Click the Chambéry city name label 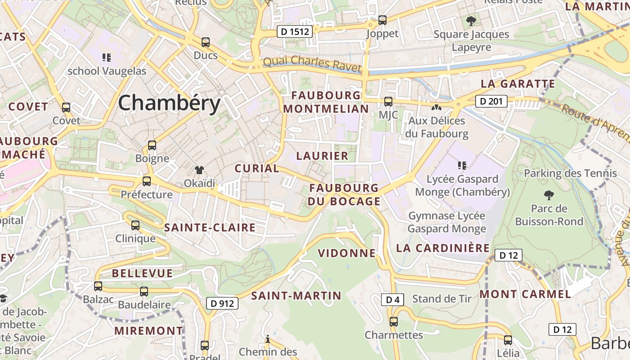click(x=169, y=103)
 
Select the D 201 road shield click(x=491, y=101)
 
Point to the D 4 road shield click(x=392, y=300)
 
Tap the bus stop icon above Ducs click(x=206, y=42)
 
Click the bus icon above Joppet click(x=382, y=20)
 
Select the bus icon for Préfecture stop click(x=147, y=181)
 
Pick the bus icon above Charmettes click(x=394, y=321)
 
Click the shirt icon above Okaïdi click(x=199, y=170)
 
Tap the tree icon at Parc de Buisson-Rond click(x=549, y=195)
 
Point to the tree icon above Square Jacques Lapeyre click(x=471, y=21)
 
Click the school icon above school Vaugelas click(x=107, y=57)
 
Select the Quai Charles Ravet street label click(x=312, y=64)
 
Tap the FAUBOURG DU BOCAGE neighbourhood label click(x=344, y=194)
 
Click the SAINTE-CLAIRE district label click(x=210, y=228)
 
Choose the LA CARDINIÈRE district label click(x=443, y=248)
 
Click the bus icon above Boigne click(x=152, y=145)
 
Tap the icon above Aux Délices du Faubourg click(x=436, y=108)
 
